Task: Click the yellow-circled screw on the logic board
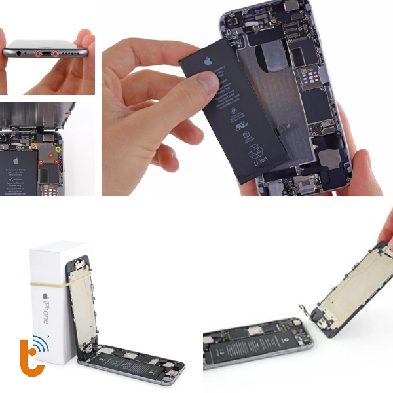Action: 58,149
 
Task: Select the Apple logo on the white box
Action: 45,295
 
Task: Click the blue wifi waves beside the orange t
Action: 41,345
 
